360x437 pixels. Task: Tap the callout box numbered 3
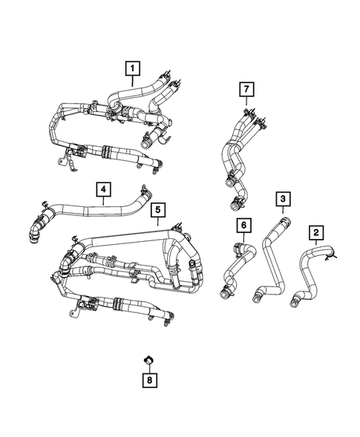click(x=283, y=199)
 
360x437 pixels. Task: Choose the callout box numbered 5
click(x=157, y=211)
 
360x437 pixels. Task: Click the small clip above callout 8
click(x=148, y=361)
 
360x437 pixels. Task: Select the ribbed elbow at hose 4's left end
click(x=36, y=231)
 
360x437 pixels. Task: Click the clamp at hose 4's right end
click(x=145, y=194)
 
